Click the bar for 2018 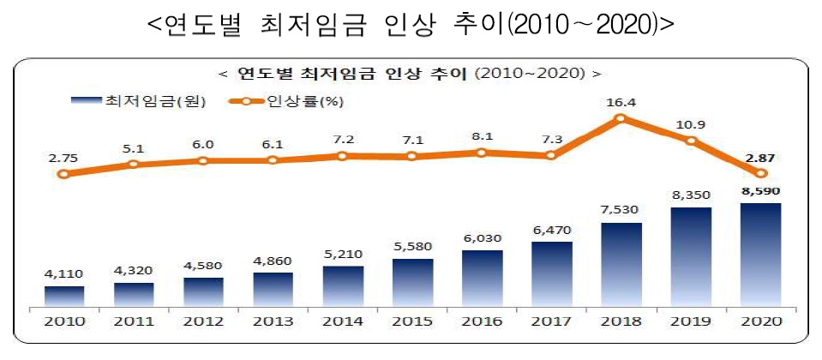point(621,265)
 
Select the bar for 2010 point(64,297)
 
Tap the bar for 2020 point(760,255)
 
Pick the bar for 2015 point(412,282)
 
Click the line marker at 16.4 point(621,118)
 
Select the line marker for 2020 point(760,173)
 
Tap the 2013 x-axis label point(273,322)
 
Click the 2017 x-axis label point(551,322)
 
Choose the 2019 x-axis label point(691,322)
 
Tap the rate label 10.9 point(691,124)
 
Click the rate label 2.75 point(63,158)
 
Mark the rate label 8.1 point(482,136)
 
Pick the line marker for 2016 point(482,153)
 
